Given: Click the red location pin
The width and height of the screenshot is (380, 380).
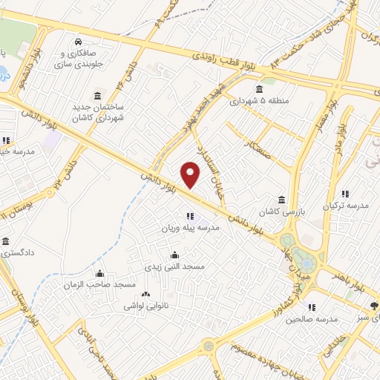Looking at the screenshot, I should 191,174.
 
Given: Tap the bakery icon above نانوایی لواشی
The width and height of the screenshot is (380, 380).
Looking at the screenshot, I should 145,294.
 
